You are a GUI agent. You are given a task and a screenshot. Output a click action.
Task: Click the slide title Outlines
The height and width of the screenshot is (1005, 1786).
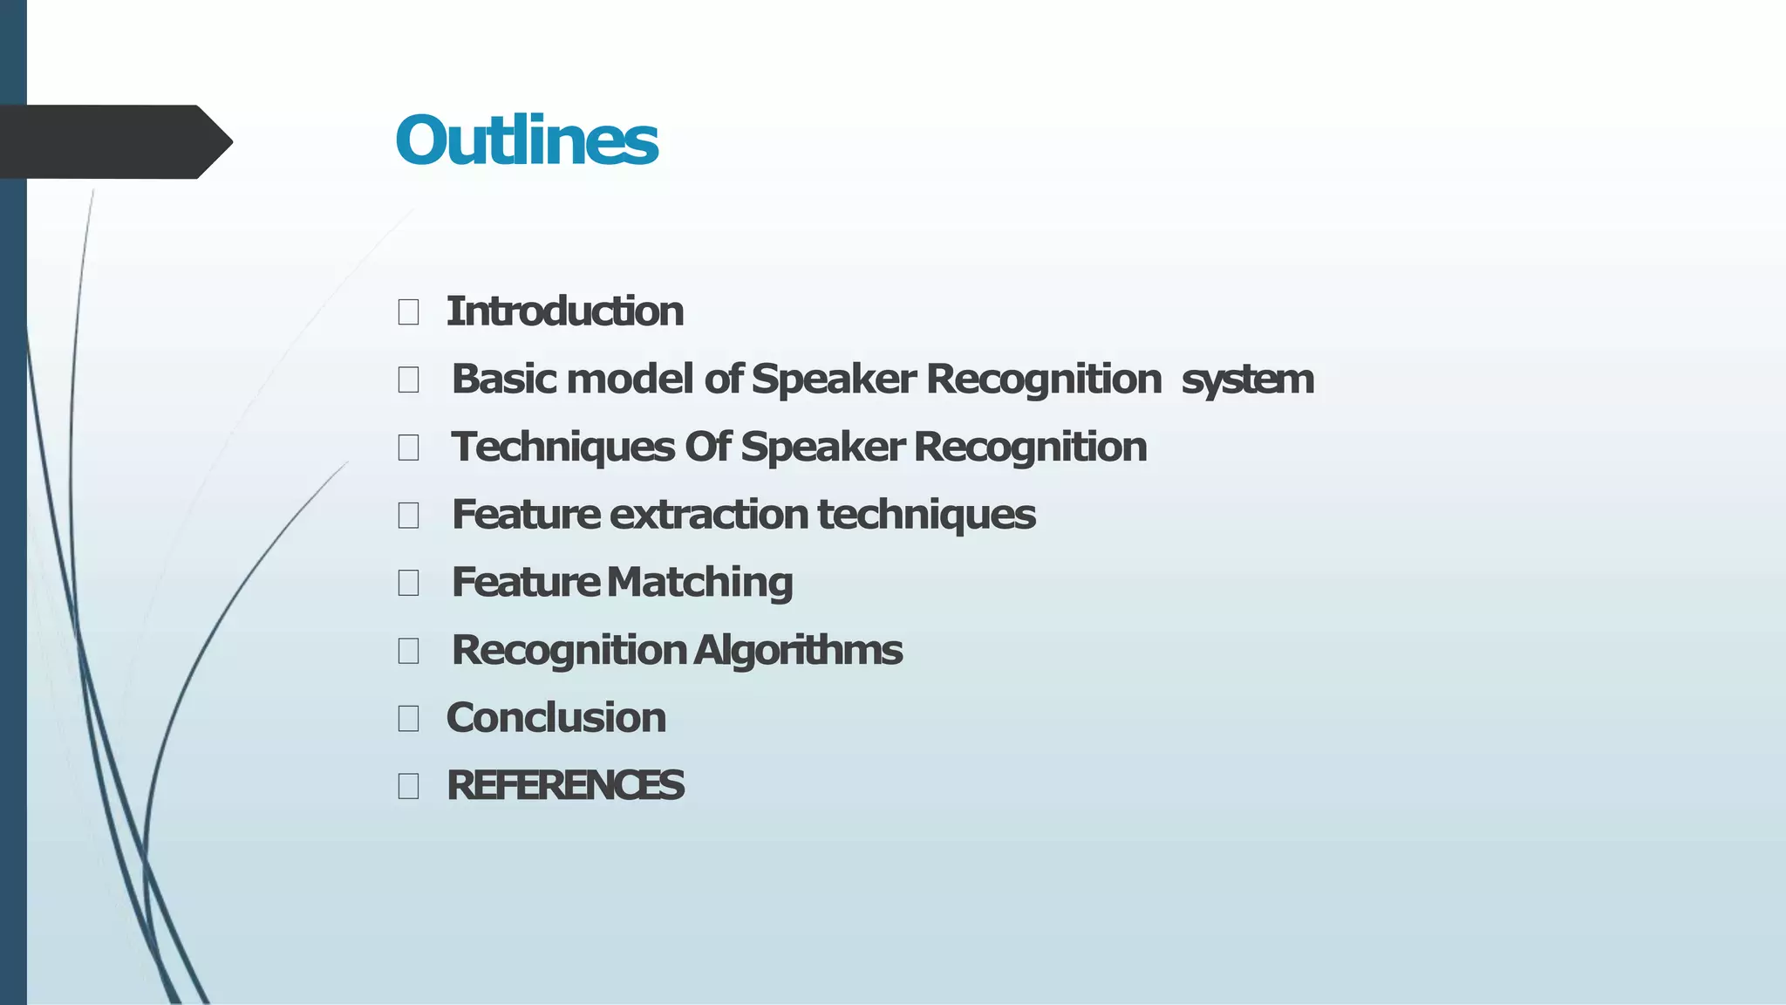(527, 140)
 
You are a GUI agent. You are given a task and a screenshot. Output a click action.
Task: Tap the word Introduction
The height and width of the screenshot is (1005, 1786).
(564, 311)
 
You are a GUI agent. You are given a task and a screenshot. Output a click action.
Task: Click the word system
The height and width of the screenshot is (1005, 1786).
(1247, 380)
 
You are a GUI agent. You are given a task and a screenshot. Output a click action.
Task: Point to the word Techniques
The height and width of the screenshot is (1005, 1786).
(562, 448)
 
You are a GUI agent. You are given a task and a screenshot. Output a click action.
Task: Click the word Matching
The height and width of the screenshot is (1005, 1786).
(700, 582)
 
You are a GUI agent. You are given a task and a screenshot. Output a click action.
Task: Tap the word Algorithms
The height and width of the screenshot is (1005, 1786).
(798, 651)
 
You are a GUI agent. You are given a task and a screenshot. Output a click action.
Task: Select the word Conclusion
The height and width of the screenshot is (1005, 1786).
(556, 718)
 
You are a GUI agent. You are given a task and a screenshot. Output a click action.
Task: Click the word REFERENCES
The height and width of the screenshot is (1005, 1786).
(565, 785)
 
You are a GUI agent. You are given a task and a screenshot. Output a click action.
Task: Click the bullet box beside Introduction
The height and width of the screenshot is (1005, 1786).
(408, 311)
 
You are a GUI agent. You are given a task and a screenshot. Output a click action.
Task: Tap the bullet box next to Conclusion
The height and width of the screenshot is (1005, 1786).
(408, 718)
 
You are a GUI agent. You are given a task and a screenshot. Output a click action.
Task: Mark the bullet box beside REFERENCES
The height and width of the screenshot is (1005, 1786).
(408, 786)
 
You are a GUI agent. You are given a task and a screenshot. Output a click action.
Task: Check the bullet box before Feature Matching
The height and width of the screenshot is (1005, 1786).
(408, 583)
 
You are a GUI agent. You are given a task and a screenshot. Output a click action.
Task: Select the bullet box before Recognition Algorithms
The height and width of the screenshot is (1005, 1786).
(408, 651)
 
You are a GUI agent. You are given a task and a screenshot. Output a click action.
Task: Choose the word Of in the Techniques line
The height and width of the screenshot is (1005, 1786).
(707, 448)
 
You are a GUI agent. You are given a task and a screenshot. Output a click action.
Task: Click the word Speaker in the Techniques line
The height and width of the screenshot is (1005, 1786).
(823, 448)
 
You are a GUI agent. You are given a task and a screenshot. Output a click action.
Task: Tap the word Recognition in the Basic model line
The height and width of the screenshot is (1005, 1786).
(1044, 379)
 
